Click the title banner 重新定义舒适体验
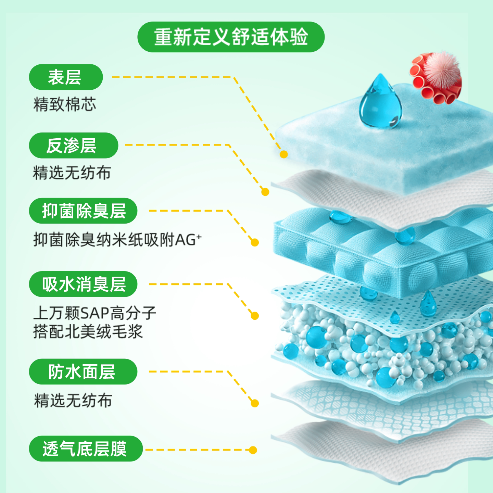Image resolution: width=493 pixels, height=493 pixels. [x=231, y=37]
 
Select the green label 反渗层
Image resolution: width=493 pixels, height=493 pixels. [x=73, y=145]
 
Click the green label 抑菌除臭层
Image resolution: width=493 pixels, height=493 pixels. [x=83, y=211]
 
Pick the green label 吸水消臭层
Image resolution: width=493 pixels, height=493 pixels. [x=83, y=284]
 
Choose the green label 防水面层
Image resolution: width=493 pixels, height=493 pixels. [x=83, y=371]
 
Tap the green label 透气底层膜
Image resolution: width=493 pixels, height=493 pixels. [x=85, y=448]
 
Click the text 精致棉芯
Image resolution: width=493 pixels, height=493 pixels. [x=65, y=104]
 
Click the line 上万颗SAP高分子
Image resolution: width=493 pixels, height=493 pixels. [x=94, y=312]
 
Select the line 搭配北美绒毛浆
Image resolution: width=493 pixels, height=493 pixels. [x=88, y=331]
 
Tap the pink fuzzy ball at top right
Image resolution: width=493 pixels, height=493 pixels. [x=445, y=69]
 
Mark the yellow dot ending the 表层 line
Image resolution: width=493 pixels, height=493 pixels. [x=283, y=154]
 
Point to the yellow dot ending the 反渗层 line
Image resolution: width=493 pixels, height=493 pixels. [x=265, y=192]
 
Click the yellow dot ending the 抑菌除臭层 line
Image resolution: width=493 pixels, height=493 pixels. [x=254, y=243]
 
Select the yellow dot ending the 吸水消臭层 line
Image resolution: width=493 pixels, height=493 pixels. [x=254, y=316]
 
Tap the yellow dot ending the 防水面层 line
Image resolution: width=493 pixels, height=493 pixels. [x=254, y=403]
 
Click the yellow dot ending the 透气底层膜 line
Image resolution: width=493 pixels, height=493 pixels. [x=253, y=450]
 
